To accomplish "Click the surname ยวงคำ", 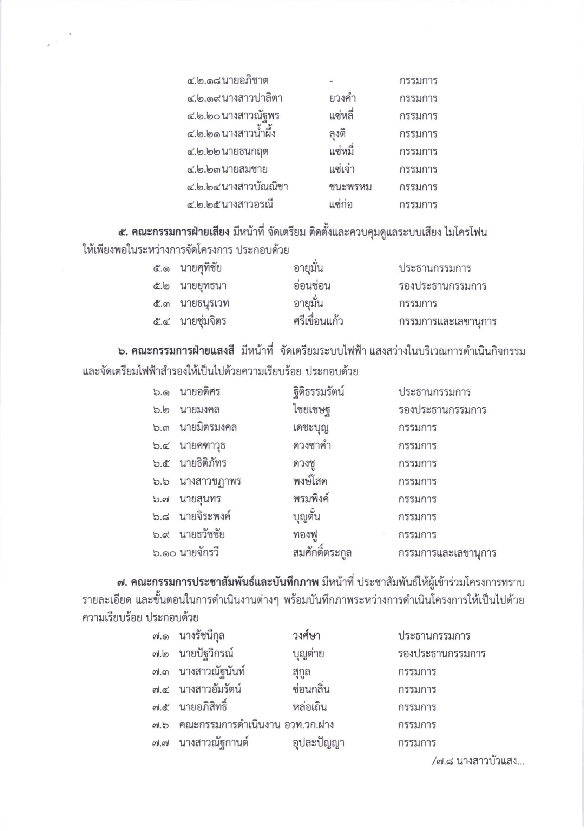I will pos(342,98).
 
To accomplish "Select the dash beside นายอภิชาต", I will pos(332,80).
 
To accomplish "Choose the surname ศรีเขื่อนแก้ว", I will pos(318,322).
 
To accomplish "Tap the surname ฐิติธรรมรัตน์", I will pos(319,392).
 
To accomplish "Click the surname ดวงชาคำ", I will pos(312,446).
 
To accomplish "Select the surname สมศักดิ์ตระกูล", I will pos(322,553).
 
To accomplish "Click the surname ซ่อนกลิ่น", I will pos(311,689).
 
